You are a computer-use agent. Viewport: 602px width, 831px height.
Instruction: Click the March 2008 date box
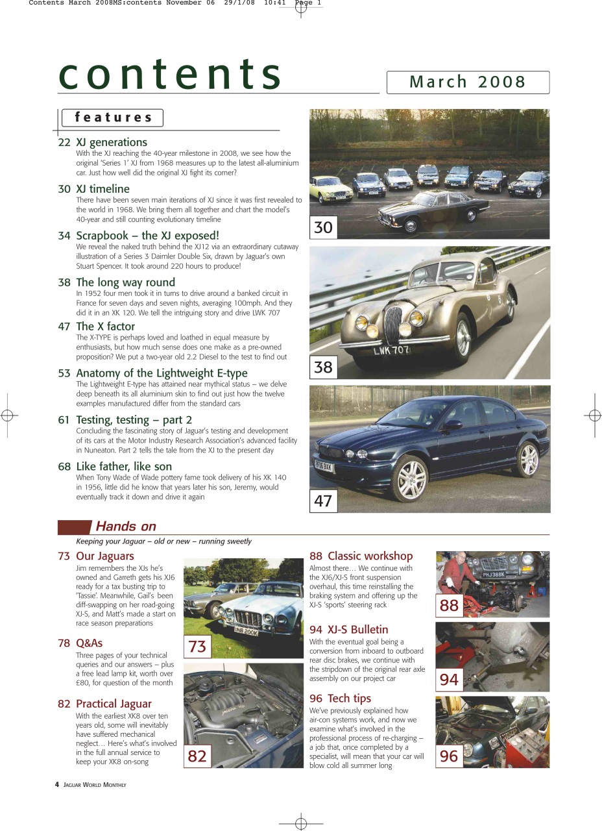468,82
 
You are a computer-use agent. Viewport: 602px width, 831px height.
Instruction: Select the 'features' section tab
112,118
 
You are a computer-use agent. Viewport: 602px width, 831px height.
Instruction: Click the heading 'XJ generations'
111,142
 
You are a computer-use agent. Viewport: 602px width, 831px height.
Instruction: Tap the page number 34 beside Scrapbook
64,236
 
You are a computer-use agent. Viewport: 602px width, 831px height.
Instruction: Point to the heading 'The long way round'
125,282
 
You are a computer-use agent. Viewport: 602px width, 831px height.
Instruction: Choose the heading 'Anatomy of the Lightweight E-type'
162,373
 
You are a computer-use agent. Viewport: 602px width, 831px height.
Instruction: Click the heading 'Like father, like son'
124,467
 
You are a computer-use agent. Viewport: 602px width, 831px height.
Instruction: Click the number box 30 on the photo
323,227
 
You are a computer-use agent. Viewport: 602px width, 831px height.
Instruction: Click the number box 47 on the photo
323,501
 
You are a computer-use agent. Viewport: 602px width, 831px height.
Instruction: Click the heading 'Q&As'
89,643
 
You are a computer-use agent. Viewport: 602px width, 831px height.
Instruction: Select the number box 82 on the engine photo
197,756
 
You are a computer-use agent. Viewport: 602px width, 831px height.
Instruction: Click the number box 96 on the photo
449,756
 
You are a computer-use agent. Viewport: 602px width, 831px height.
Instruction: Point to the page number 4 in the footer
57,785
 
